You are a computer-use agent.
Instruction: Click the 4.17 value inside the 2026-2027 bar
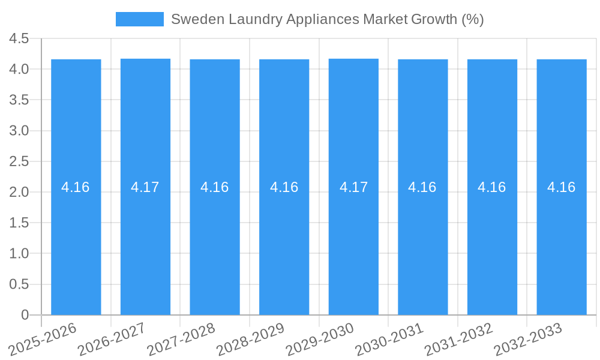[x=145, y=187]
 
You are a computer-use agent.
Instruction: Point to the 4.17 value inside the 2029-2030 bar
[x=353, y=187]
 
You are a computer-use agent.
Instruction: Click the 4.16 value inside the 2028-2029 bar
[x=284, y=187]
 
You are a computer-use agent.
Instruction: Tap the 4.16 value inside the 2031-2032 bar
[x=492, y=187]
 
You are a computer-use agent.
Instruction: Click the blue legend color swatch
[x=139, y=19]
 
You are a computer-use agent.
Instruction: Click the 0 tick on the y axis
[x=25, y=315]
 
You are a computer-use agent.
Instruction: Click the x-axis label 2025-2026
[x=43, y=339]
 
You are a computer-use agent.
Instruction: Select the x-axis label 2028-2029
[x=251, y=339]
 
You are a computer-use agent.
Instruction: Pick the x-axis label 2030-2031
[x=389, y=339]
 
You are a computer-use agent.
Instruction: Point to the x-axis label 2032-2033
[x=528, y=339]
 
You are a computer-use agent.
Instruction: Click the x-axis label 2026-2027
[x=112, y=339]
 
